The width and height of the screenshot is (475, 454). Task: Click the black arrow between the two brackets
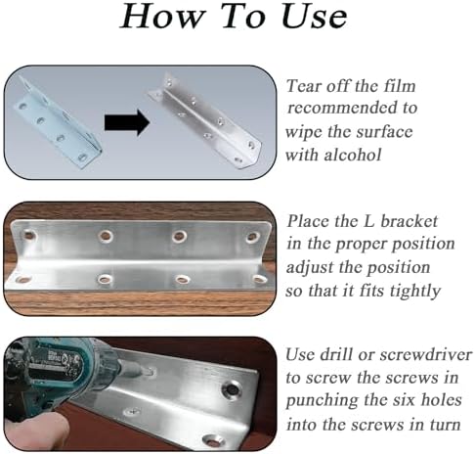click(x=127, y=122)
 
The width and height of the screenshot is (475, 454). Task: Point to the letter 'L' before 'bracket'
click(x=368, y=221)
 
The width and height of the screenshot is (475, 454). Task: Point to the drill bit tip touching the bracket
click(x=151, y=371)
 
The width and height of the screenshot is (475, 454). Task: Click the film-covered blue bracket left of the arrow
click(x=58, y=123)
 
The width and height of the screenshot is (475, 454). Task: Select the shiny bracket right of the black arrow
click(x=206, y=120)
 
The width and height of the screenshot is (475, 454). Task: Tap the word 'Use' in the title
click(x=315, y=17)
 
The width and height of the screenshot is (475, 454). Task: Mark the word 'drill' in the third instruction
click(x=336, y=354)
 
